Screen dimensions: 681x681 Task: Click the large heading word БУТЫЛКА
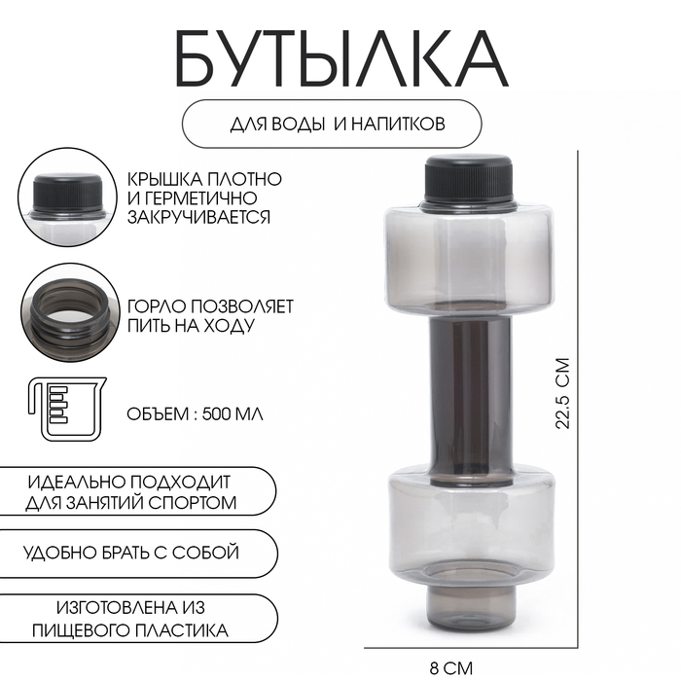[x=340, y=59]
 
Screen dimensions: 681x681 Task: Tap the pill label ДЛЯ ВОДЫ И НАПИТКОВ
[x=331, y=125]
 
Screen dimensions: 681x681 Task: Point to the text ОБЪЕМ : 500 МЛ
[x=196, y=412]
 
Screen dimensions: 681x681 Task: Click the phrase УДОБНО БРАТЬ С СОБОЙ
[x=132, y=553]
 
